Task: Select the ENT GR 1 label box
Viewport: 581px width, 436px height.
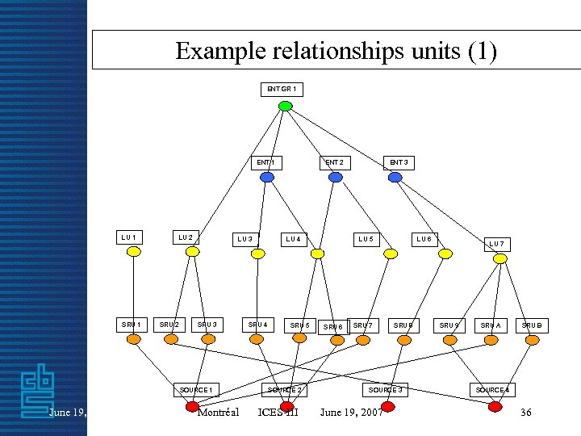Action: (282, 88)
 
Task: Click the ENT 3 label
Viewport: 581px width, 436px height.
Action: (399, 162)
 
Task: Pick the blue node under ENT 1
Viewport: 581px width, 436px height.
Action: (267, 178)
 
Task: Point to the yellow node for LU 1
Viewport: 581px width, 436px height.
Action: (134, 252)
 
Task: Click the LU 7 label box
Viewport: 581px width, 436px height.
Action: (497, 243)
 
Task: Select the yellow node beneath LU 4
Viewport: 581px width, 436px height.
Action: (318, 254)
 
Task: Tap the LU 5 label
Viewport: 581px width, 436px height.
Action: (366, 238)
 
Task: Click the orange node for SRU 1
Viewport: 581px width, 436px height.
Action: (134, 339)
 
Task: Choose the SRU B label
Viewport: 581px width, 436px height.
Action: (531, 325)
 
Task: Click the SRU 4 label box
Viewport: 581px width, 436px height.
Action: (257, 325)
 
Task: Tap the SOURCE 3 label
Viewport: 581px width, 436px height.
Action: (386, 390)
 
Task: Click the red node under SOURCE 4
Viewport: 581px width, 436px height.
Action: (495, 406)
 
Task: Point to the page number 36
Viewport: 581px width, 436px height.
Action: (526, 413)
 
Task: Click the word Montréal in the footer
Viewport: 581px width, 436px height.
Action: (218, 413)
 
